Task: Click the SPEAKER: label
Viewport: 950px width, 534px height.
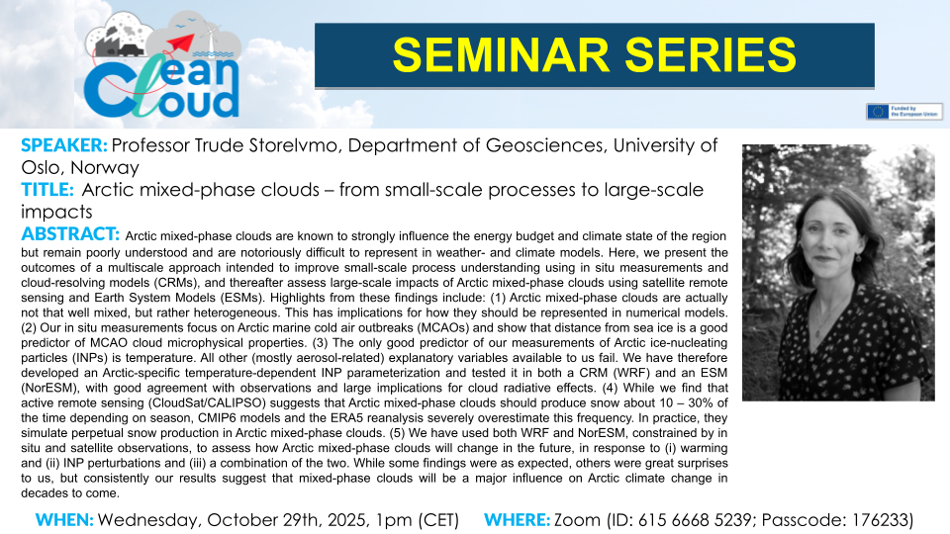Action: (64, 145)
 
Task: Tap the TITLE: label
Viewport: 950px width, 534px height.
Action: (47, 190)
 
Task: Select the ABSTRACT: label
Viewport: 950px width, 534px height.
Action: (70, 233)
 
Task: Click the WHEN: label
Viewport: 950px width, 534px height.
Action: (64, 520)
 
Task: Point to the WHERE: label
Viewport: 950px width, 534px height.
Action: (517, 520)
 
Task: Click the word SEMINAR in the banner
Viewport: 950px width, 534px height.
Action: (501, 55)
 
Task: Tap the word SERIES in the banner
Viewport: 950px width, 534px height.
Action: (711, 55)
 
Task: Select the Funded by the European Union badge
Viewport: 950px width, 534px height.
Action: (903, 112)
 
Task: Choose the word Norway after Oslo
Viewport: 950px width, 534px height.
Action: (105, 167)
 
